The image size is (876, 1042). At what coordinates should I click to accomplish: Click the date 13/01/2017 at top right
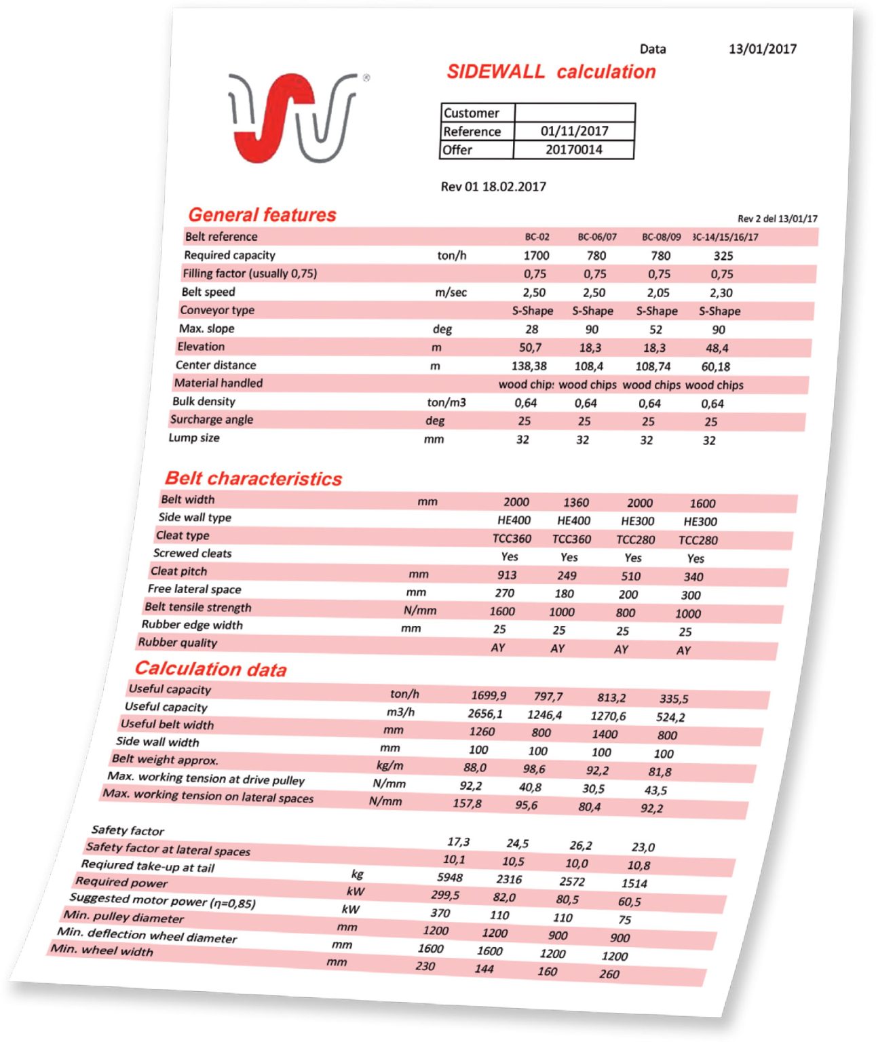click(x=762, y=49)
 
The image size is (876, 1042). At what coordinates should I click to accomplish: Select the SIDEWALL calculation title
click(x=551, y=72)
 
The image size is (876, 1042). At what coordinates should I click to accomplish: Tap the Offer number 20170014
click(x=573, y=150)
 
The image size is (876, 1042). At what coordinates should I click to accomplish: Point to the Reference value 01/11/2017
click(x=574, y=131)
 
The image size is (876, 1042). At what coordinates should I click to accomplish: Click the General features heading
click(x=262, y=215)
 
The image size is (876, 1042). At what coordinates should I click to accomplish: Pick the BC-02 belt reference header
click(x=537, y=237)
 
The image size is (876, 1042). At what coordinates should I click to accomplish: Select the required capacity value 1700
click(x=536, y=256)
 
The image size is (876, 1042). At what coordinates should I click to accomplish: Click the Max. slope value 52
click(x=655, y=330)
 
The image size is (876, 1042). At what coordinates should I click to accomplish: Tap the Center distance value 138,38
click(x=529, y=366)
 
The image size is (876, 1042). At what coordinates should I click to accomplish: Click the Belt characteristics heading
click(x=253, y=479)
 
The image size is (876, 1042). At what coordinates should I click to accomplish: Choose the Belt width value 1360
click(x=575, y=503)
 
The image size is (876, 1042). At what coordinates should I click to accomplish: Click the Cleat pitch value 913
click(x=507, y=575)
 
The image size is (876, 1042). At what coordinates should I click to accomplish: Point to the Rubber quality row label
click(x=178, y=642)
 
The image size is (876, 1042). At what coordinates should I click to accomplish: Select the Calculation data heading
click(x=210, y=670)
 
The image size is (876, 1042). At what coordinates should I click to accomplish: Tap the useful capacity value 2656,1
click(x=484, y=714)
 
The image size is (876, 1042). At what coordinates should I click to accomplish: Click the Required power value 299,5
click(x=445, y=895)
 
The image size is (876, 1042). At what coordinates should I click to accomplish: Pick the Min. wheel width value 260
click(x=609, y=974)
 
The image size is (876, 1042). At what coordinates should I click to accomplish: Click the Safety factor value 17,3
click(x=458, y=842)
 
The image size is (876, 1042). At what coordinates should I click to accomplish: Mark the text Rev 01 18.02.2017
click(x=493, y=187)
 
